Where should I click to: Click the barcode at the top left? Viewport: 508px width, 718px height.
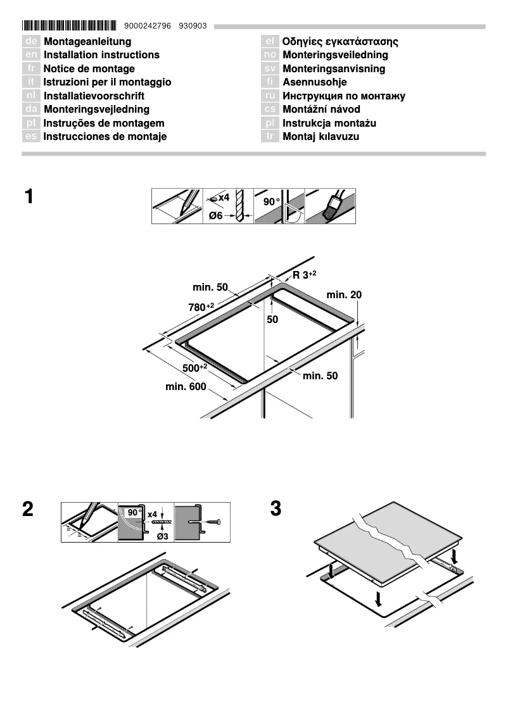[x=69, y=26]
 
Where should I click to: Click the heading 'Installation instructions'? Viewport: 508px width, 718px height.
[x=101, y=55]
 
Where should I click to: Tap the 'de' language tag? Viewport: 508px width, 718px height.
[x=31, y=42]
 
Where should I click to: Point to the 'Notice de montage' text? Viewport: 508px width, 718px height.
[x=89, y=69]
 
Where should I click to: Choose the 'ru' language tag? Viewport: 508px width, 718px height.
[x=270, y=96]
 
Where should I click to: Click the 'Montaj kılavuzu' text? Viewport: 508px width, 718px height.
[x=321, y=137]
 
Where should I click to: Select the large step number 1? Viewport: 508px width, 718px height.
[x=29, y=196]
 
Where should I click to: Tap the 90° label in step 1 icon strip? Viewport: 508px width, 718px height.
[x=270, y=201]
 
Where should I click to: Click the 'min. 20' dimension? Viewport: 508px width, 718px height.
[x=344, y=294]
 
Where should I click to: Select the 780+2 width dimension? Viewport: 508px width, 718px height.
[x=201, y=307]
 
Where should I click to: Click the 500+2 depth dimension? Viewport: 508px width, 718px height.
[x=194, y=368]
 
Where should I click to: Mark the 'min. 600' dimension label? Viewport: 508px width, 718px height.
[x=186, y=386]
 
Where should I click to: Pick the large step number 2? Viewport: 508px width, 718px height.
[x=28, y=509]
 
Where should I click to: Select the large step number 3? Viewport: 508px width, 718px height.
[x=276, y=509]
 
